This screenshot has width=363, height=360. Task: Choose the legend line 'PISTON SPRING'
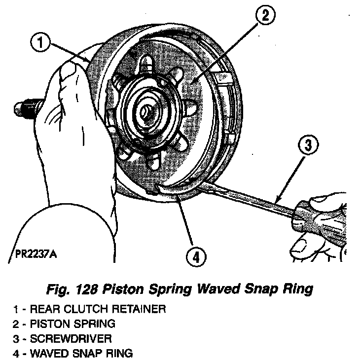click(73, 324)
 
